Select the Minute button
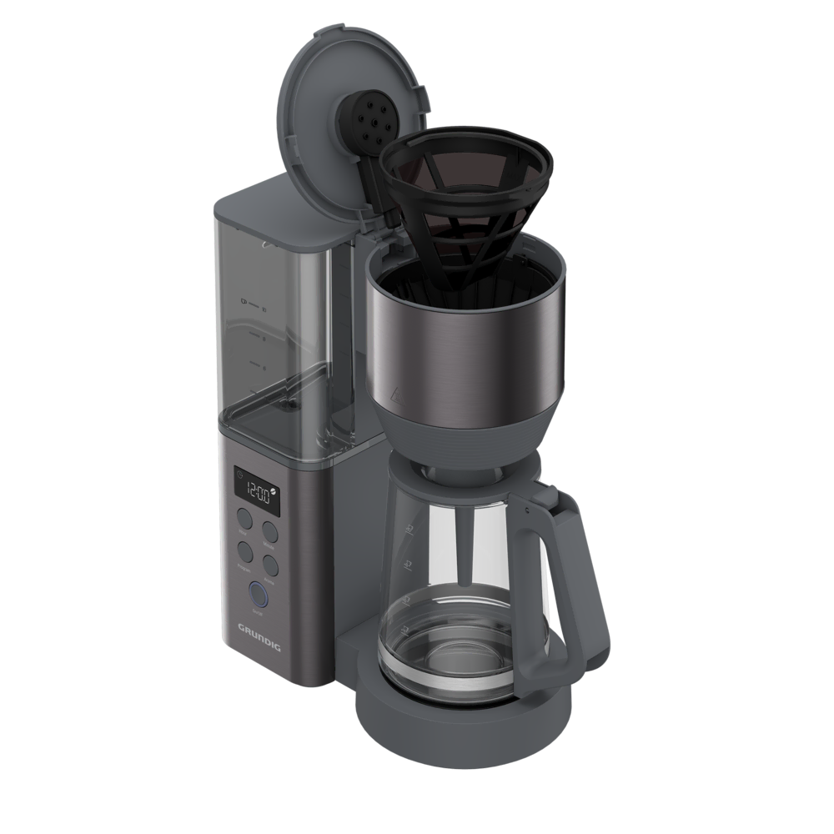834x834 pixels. pos(269,531)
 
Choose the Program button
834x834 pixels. pos(246,552)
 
